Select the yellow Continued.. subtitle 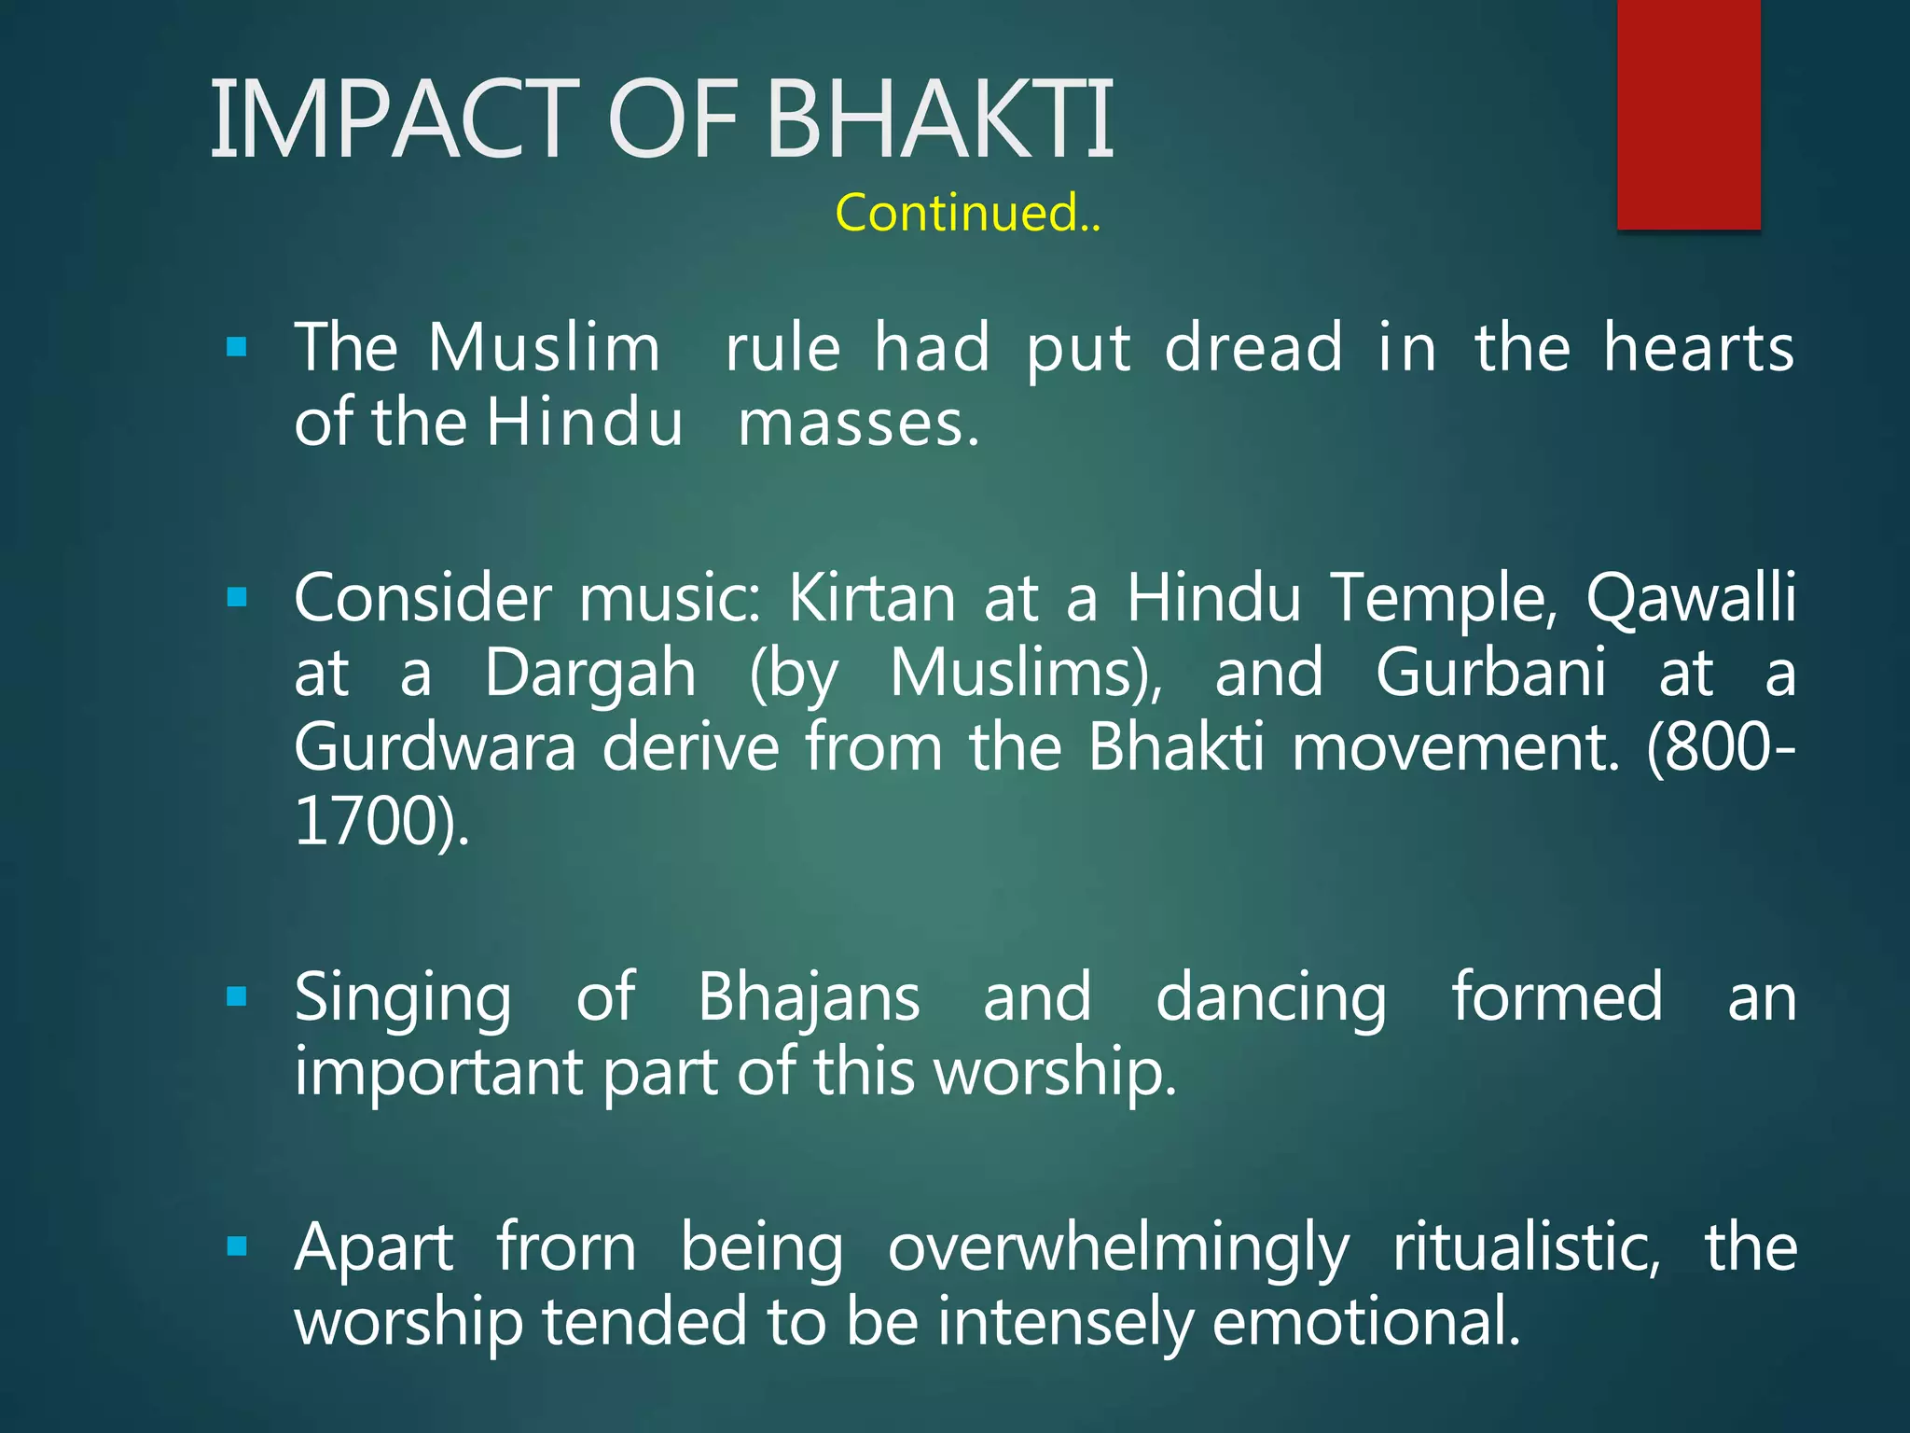pyautogui.click(x=968, y=213)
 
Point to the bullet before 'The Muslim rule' pyautogui.click(x=237, y=349)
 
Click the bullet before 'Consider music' pyautogui.click(x=237, y=597)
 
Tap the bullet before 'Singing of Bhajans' pyautogui.click(x=237, y=997)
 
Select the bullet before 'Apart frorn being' pyautogui.click(x=237, y=1246)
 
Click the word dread pyautogui.click(x=1253, y=347)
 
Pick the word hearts pyautogui.click(x=1698, y=347)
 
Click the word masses pyautogui.click(x=858, y=424)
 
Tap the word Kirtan pyautogui.click(x=872, y=597)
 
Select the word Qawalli pyautogui.click(x=1691, y=597)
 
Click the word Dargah pyautogui.click(x=590, y=674)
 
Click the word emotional pyautogui.click(x=1365, y=1323)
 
